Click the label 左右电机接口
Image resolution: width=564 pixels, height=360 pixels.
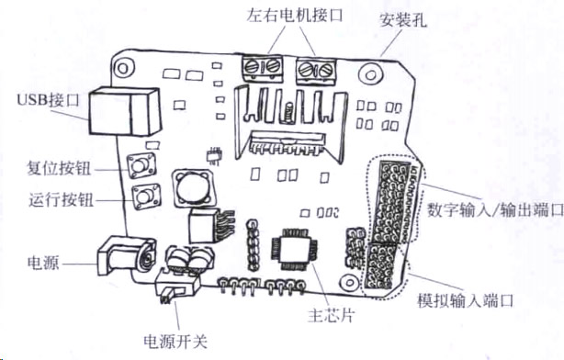point(295,16)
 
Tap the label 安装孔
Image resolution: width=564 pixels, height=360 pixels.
point(403,20)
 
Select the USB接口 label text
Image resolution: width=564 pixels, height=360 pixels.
point(48,99)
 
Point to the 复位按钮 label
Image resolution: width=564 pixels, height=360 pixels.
point(59,168)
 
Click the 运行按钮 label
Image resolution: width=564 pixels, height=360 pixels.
point(61,199)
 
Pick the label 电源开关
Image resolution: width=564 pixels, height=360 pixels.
point(175,341)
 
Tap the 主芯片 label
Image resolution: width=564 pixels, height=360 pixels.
point(332,315)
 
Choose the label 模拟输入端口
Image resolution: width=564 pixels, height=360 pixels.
point(466,299)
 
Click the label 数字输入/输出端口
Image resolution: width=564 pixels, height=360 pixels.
point(495,209)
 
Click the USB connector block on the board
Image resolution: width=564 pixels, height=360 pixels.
point(124,111)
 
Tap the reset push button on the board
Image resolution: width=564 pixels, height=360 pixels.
point(141,165)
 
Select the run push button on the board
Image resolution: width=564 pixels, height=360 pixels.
point(146,197)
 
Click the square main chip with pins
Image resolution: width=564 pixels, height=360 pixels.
point(295,248)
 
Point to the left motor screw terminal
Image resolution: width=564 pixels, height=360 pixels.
point(263,68)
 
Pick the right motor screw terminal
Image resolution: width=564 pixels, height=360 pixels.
point(316,70)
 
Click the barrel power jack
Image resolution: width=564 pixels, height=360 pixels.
point(127,257)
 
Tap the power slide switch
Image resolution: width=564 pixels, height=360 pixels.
point(177,287)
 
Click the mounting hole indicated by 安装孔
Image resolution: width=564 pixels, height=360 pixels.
point(371,74)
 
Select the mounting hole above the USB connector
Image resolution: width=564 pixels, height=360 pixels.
point(123,68)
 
